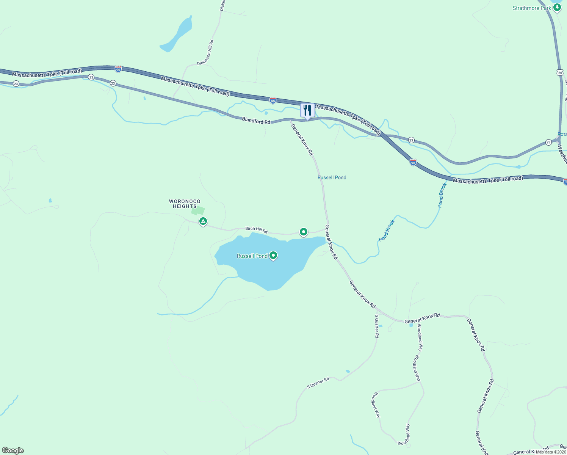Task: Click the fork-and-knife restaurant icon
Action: [307, 110]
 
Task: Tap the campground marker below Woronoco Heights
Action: [203, 221]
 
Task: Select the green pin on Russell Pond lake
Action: [273, 256]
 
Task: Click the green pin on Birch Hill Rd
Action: [303, 232]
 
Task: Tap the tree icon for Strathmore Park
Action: [557, 8]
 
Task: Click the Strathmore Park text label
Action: [532, 8]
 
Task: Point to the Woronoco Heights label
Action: [185, 204]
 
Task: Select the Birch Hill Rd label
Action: [256, 230]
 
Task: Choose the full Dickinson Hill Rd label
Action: [206, 53]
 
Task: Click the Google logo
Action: [13, 450]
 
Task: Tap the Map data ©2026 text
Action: [551, 452]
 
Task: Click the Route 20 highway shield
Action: [560, 72]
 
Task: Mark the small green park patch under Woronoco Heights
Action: [198, 211]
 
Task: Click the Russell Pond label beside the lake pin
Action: [252, 256]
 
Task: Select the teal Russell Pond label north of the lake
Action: [332, 177]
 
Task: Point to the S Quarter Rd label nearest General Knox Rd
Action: [377, 326]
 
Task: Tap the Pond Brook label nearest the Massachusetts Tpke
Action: [442, 195]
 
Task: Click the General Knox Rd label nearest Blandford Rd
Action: [302, 139]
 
